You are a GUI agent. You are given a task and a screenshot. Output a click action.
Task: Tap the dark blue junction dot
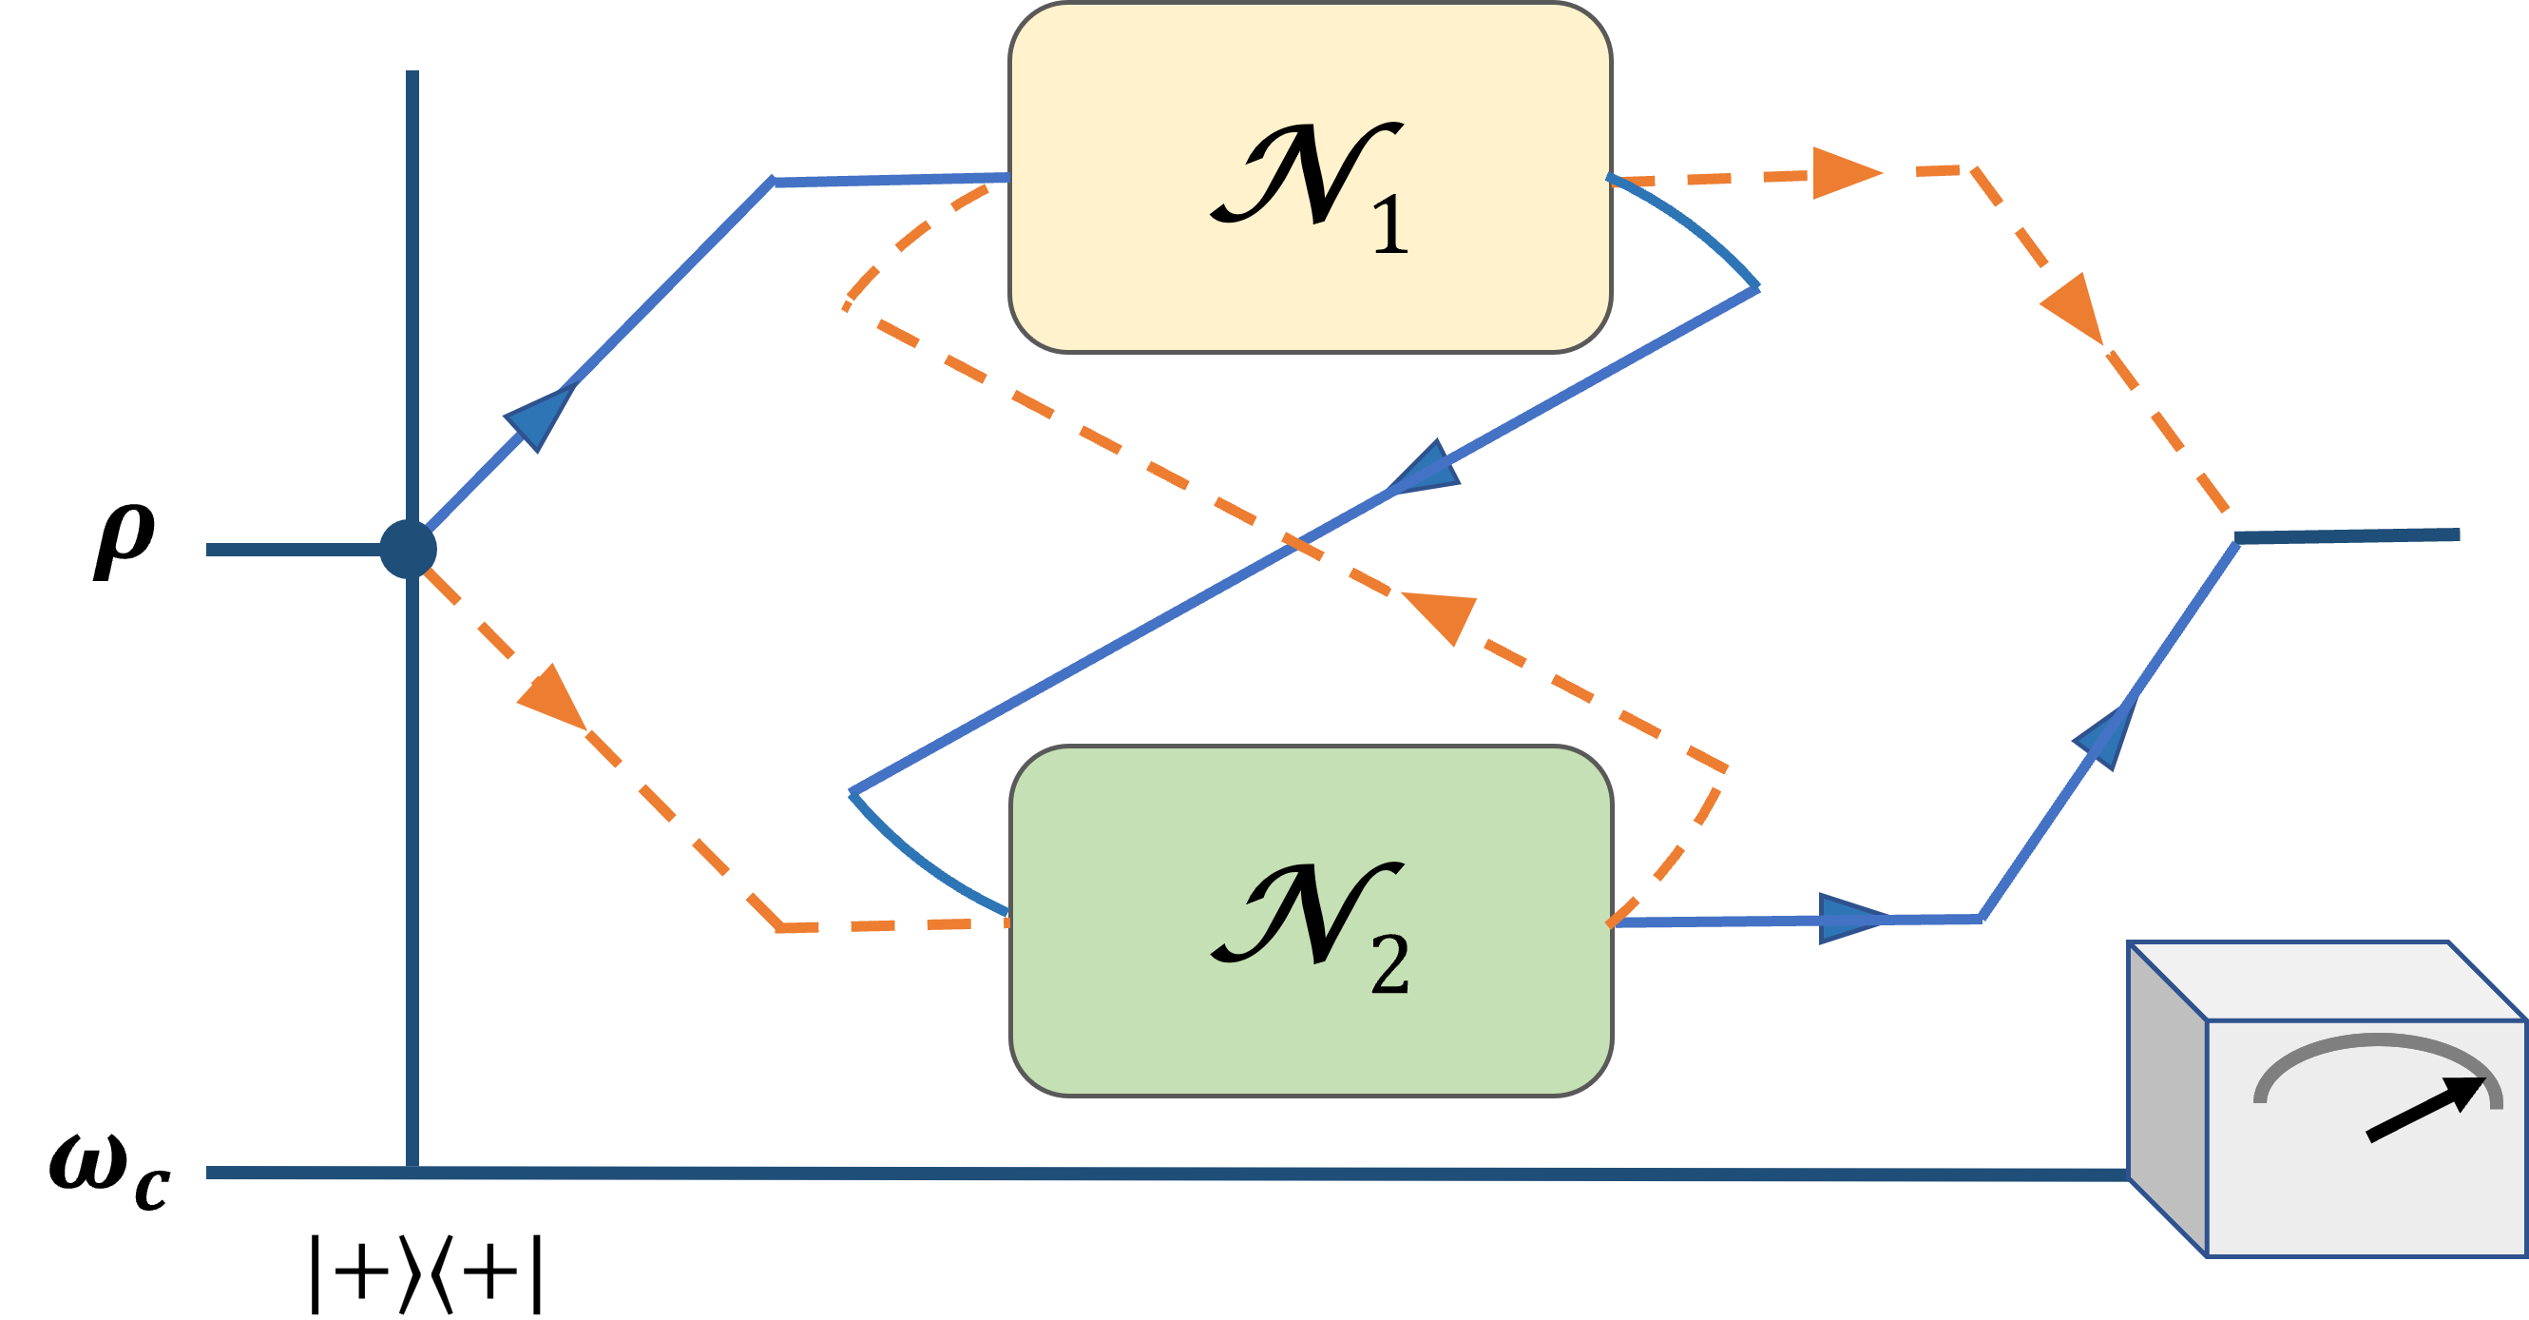pyautogui.click(x=409, y=549)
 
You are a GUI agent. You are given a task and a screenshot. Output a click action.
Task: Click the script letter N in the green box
pyautogui.click(x=1306, y=913)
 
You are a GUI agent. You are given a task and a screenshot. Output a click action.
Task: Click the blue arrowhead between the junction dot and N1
pyautogui.click(x=539, y=418)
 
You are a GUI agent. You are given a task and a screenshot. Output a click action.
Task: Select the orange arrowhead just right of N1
pyautogui.click(x=1846, y=174)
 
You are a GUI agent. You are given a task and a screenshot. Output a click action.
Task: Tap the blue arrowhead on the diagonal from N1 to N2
pyautogui.click(x=1428, y=470)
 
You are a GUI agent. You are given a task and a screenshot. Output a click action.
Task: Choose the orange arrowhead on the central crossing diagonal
pyautogui.click(x=1439, y=613)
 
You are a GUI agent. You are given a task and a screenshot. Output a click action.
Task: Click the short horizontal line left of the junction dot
pyautogui.click(x=295, y=550)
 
